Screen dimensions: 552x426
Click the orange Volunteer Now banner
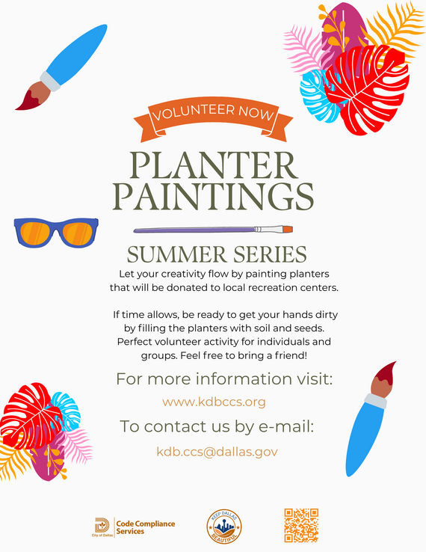pyautogui.click(x=213, y=114)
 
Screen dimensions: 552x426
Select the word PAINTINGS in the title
pyautogui.click(x=213, y=196)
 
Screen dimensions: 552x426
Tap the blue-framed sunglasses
pyautogui.click(x=57, y=232)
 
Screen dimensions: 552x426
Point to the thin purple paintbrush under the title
pyautogui.click(x=212, y=230)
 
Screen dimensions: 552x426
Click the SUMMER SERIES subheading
pyautogui.click(x=217, y=252)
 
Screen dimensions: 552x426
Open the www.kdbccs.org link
pyautogui.click(x=214, y=402)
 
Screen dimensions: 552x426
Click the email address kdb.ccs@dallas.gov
pyautogui.click(x=217, y=451)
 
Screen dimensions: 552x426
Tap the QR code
pyautogui.click(x=302, y=525)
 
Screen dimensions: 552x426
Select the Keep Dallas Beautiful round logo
pyautogui.click(x=223, y=528)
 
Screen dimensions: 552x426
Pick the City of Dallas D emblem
pyautogui.click(x=102, y=524)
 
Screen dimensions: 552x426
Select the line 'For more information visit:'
pyautogui.click(x=223, y=378)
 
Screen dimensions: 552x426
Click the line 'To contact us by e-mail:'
pyautogui.click(x=217, y=426)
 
